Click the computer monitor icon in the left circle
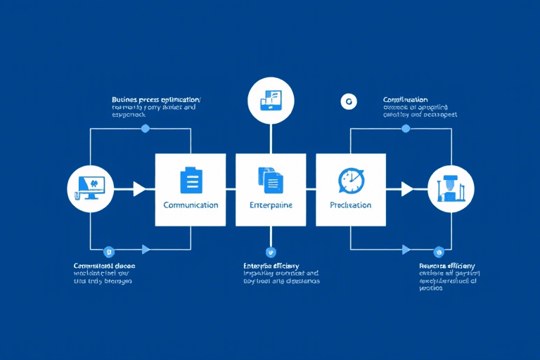point(90,188)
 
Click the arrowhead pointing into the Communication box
point(139,188)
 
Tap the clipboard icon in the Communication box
point(191,180)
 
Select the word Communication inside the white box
point(191,205)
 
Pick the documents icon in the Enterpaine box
point(270,180)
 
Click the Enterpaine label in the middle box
point(271,205)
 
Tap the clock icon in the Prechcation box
point(350,180)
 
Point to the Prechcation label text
point(350,205)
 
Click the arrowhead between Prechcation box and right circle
point(407,188)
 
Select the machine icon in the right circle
point(451,188)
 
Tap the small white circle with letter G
point(346,101)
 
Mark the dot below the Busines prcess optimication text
point(146,129)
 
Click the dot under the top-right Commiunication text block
point(406,129)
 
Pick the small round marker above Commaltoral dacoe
point(108,250)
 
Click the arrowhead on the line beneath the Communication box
point(146,249)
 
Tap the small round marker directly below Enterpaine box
point(271,250)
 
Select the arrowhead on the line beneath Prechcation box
point(406,249)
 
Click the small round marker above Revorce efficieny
point(439,250)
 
